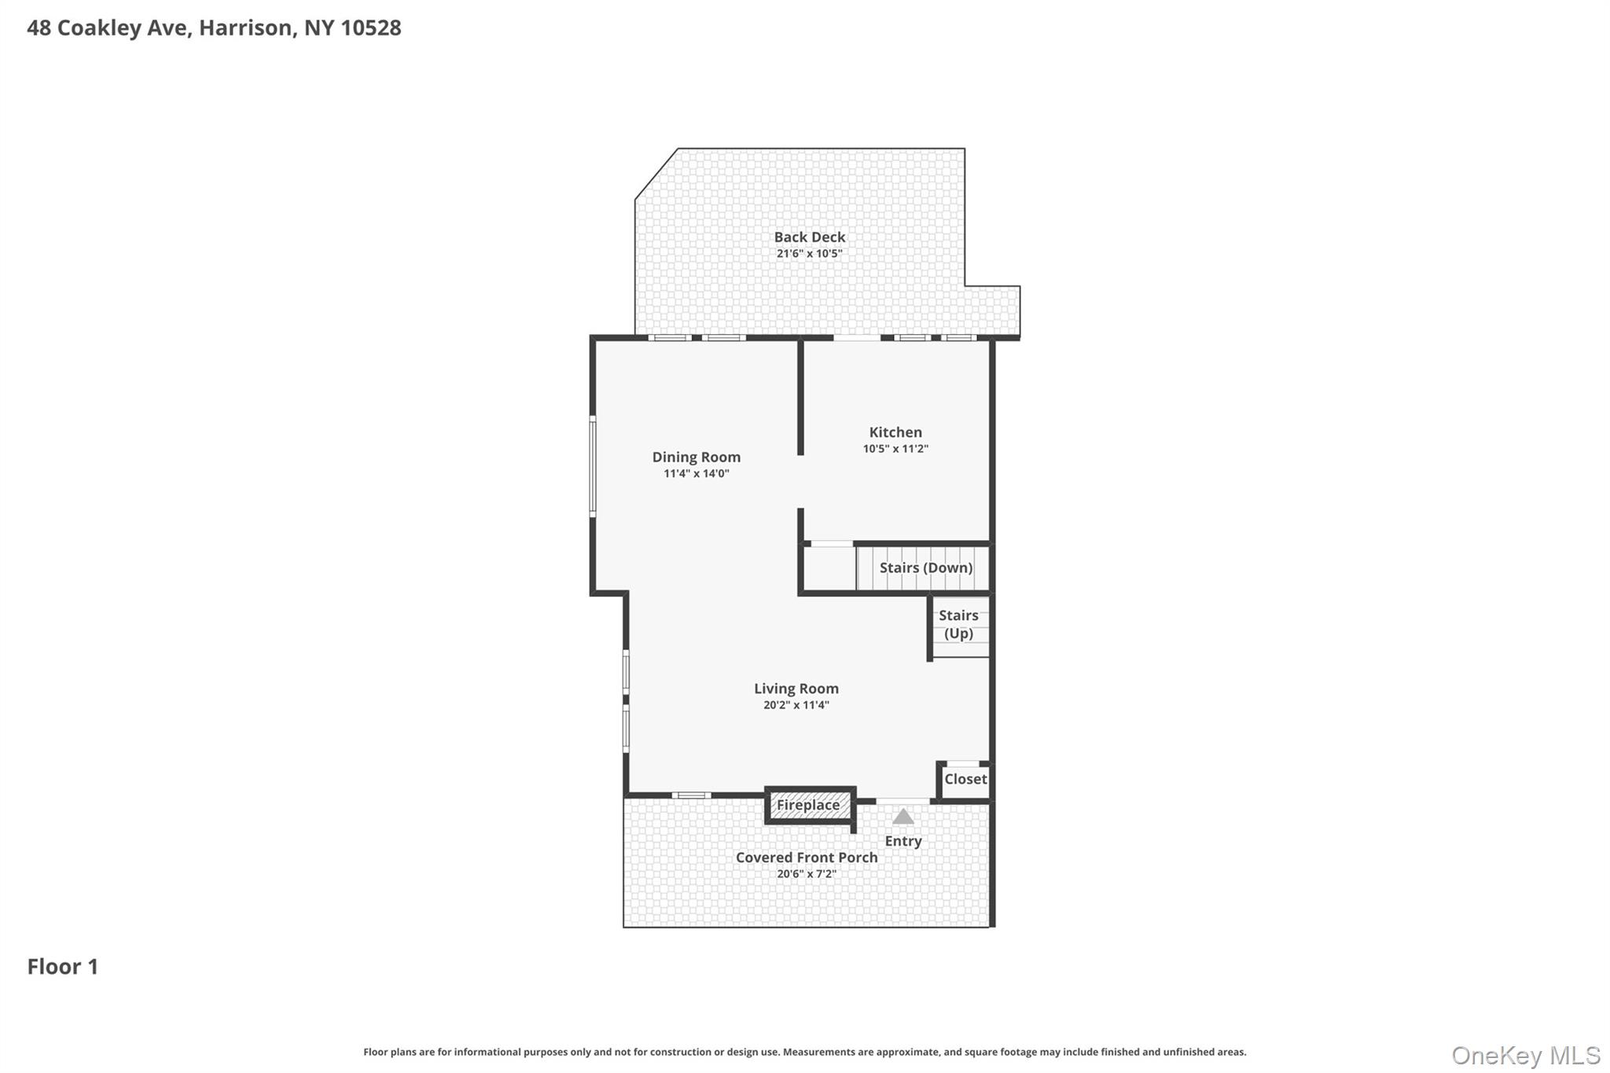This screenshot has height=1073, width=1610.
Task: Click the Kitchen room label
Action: click(x=895, y=432)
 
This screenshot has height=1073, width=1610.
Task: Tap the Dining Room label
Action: click(x=696, y=457)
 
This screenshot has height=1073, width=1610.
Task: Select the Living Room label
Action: click(x=796, y=689)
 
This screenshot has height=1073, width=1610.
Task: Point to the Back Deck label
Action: click(x=809, y=237)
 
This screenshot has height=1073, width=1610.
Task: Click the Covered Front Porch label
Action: click(x=806, y=858)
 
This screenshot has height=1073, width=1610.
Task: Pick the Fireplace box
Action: click(x=808, y=805)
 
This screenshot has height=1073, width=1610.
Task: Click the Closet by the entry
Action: click(x=965, y=779)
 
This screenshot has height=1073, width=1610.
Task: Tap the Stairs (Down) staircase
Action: click(x=924, y=568)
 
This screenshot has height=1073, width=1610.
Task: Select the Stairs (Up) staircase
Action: click(x=958, y=625)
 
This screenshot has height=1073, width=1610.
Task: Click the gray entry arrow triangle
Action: click(x=903, y=817)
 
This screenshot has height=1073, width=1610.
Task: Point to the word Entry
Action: click(x=903, y=841)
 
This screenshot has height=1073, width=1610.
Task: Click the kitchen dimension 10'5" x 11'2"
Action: click(x=895, y=449)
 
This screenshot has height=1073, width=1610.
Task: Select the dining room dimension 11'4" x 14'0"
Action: click(x=696, y=474)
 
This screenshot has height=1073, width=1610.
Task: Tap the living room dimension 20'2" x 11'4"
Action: click(x=796, y=705)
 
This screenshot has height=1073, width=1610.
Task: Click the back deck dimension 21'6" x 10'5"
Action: click(x=809, y=254)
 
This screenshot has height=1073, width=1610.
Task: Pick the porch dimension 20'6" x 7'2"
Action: click(x=806, y=874)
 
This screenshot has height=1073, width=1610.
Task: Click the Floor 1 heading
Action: click(x=63, y=967)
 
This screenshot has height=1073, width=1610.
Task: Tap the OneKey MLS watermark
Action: click(x=1525, y=1055)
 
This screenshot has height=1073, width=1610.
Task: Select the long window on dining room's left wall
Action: click(x=593, y=467)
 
